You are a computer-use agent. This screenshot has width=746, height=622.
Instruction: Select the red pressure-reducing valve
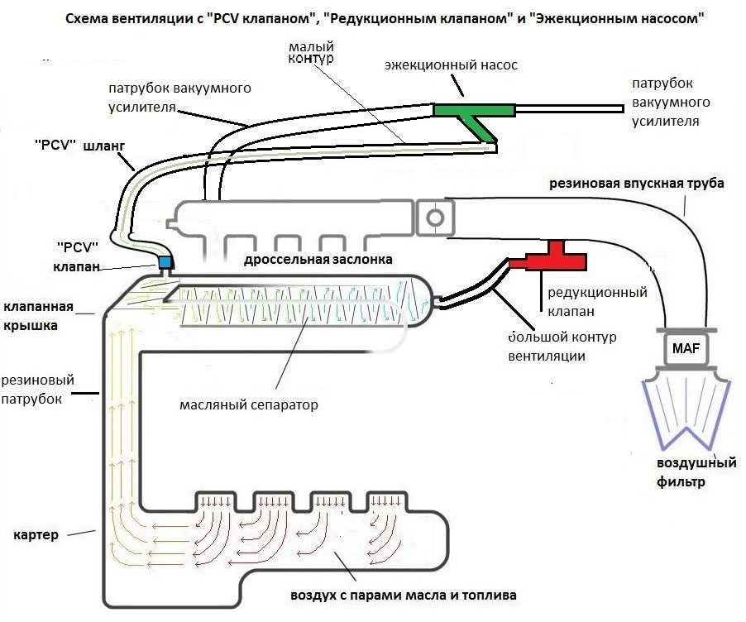[x=549, y=258]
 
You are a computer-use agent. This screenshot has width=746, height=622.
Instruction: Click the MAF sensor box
[x=686, y=348]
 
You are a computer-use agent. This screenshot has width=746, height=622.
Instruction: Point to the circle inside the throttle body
[x=435, y=218]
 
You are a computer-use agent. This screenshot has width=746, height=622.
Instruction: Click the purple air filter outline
[x=686, y=413]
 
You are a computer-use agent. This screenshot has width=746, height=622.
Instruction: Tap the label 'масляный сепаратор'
[x=249, y=405]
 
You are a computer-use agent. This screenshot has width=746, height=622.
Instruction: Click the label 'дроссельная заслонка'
[x=318, y=260]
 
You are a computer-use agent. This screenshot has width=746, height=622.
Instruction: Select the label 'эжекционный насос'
[x=451, y=65]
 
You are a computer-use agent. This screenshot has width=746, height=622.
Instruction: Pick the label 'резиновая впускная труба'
[x=637, y=184]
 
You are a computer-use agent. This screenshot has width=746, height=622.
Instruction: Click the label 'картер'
[x=36, y=535]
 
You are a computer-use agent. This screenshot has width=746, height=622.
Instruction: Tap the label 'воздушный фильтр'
[x=696, y=472]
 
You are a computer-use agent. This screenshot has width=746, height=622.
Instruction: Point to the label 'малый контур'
[x=311, y=52]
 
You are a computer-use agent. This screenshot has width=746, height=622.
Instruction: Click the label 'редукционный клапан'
[x=598, y=302]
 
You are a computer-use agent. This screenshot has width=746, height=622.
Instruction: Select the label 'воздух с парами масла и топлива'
[x=404, y=596]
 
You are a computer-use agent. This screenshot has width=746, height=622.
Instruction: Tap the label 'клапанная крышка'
[x=38, y=316]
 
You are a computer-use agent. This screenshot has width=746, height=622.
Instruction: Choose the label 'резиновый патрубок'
[x=37, y=390]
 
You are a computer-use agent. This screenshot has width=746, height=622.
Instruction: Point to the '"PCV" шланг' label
[x=80, y=145]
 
